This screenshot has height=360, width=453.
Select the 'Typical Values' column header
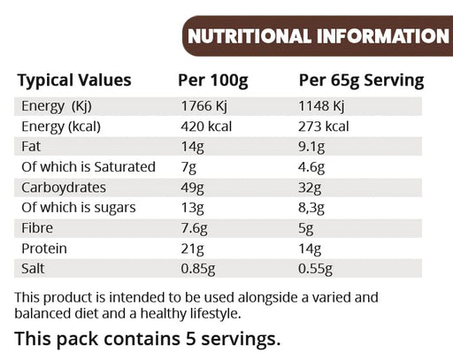coord(74,80)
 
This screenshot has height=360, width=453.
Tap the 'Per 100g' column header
coord(213,80)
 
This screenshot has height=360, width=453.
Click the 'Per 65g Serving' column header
coord(361,80)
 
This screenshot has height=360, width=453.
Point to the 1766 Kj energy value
coord(204,106)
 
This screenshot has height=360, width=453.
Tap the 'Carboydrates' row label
coord(62,188)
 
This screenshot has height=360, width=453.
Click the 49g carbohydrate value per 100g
coord(192,188)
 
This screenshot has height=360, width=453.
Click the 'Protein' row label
coord(42,249)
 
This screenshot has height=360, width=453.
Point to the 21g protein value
coord(191,249)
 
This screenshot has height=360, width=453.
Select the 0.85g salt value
coord(198,269)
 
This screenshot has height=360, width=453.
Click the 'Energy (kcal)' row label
coord(62,126)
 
